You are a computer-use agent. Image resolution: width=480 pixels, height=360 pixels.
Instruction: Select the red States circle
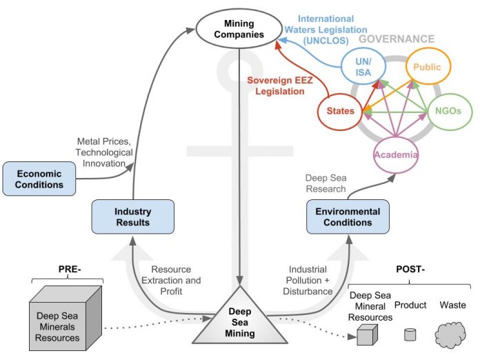pyautogui.click(x=339, y=110)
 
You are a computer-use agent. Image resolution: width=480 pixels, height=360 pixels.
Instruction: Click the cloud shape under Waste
pyautogui.click(x=452, y=335)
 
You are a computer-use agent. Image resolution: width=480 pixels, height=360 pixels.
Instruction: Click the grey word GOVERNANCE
pyautogui.click(x=403, y=39)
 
